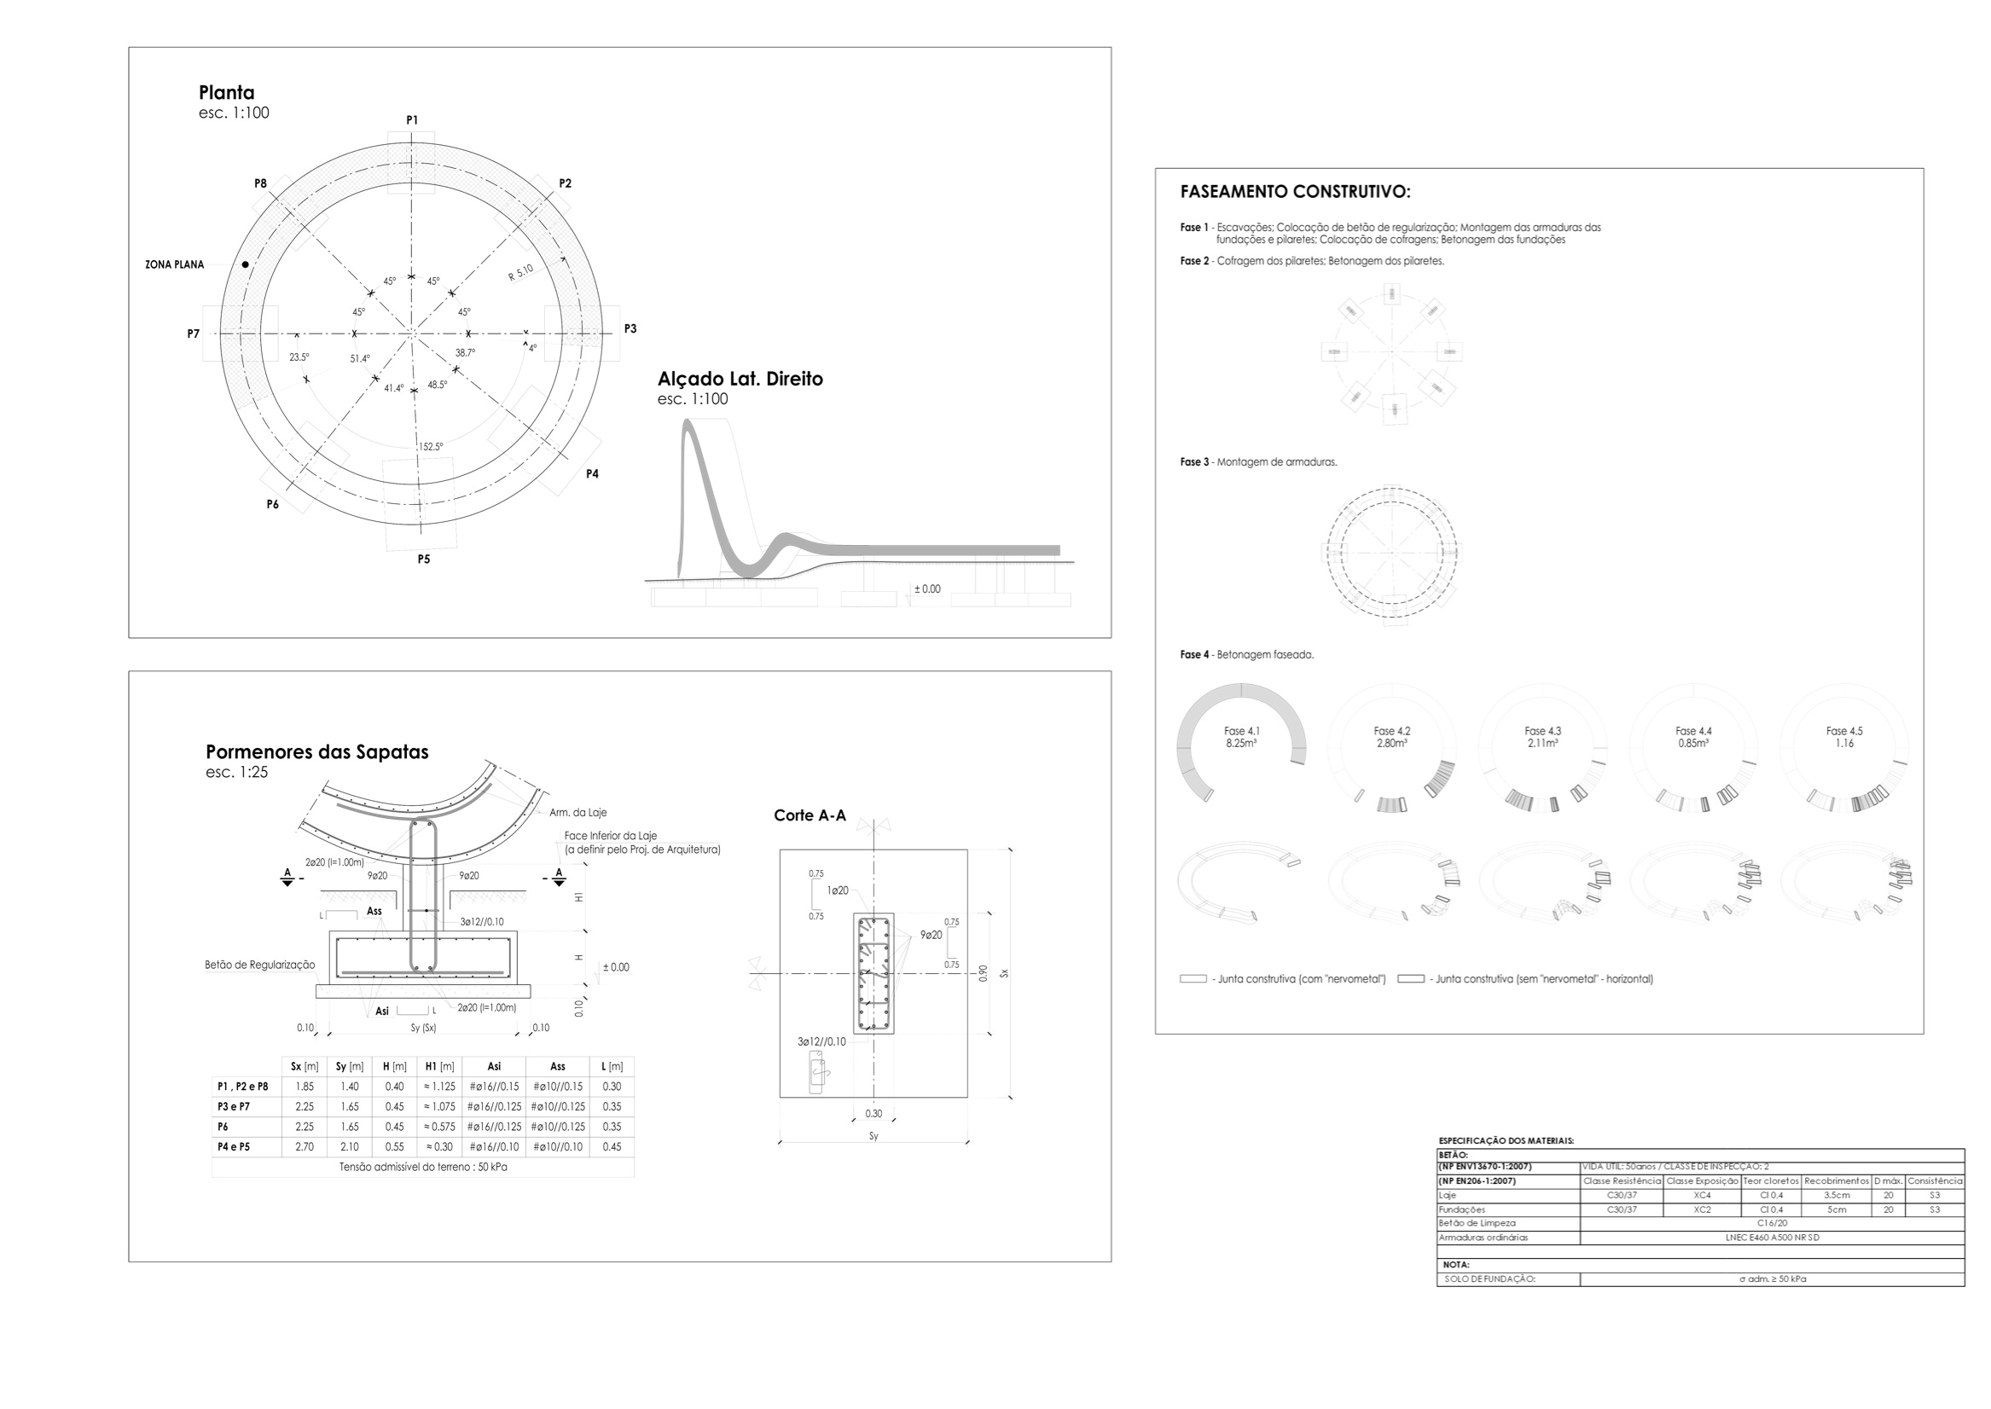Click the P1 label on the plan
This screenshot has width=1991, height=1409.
412,119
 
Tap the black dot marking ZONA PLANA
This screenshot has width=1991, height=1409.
246,264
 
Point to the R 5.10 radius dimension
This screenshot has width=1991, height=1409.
520,272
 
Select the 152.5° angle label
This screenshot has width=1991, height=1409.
431,447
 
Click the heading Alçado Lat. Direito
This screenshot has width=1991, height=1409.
740,380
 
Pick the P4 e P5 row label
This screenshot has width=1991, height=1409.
234,1147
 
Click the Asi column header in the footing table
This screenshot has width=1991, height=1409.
494,1066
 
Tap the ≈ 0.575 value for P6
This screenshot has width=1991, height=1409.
439,1127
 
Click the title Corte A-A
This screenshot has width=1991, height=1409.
810,815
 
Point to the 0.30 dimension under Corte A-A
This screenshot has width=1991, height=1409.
874,1114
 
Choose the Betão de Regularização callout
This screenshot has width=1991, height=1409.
259,965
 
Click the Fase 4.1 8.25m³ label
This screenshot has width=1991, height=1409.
1241,738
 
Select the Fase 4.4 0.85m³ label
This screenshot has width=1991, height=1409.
1693,738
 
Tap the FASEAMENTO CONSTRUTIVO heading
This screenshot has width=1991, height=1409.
1295,192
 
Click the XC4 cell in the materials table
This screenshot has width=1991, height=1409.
1702,1196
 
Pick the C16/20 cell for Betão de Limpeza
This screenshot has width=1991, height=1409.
1772,1223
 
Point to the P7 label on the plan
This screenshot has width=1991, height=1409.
194,334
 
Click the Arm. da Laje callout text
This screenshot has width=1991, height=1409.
578,813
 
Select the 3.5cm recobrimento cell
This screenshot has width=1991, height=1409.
1837,1196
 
